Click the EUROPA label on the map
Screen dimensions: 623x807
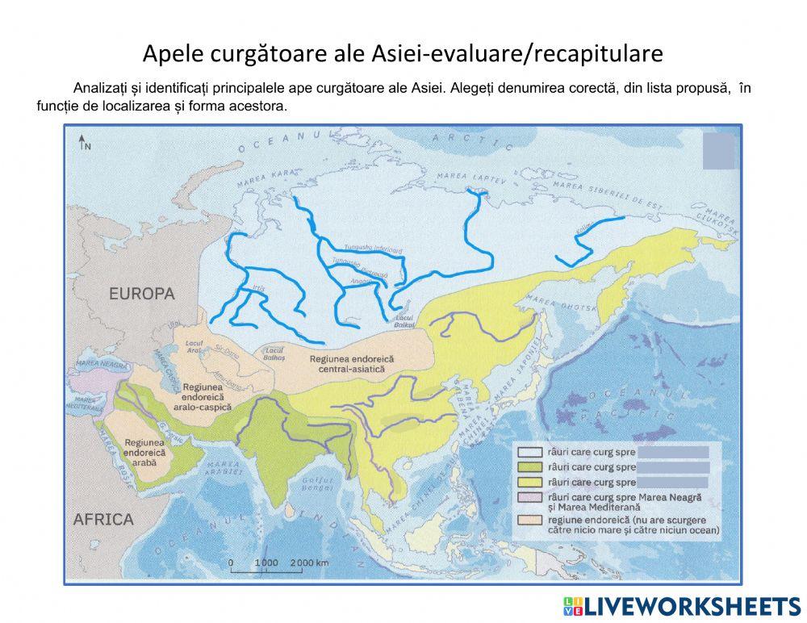click(x=141, y=294)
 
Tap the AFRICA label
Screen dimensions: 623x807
click(x=103, y=519)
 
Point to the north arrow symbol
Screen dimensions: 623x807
click(x=85, y=144)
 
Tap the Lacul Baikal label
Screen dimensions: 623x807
click(x=404, y=321)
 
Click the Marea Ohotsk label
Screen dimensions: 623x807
click(x=548, y=305)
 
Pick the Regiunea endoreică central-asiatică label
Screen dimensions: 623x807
click(x=348, y=363)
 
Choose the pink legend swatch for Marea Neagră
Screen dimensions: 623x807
click(x=531, y=498)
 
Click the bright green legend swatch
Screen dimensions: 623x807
click(x=531, y=467)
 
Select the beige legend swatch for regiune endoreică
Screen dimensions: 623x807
click(x=531, y=521)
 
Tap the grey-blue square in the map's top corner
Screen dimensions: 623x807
click(x=720, y=151)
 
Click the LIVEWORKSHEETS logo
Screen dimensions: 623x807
click(x=681, y=606)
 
